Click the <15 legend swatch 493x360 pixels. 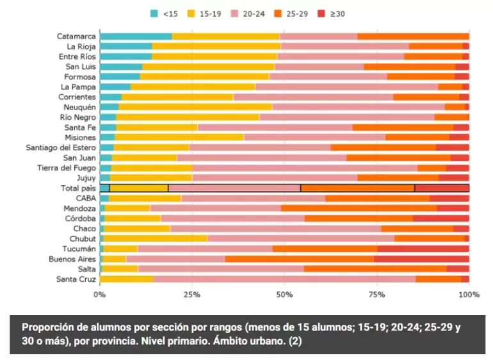pyautogui.click(x=154, y=13)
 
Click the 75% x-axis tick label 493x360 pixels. pyautogui.click(x=376, y=294)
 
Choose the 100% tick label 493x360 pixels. pyautogui.click(x=469, y=294)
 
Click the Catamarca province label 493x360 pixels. pyautogui.click(x=76, y=37)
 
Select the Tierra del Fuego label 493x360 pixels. pyautogui.click(x=67, y=168)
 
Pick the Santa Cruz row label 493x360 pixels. pyautogui.click(x=76, y=279)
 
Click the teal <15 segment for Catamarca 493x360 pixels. pyautogui.click(x=136, y=37)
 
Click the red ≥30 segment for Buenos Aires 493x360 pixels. pyautogui.click(x=421, y=259)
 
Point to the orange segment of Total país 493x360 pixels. pyautogui.click(x=357, y=188)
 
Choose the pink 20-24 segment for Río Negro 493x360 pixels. pyautogui.click(x=346, y=117)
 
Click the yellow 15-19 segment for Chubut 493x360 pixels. pyautogui.click(x=156, y=238)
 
